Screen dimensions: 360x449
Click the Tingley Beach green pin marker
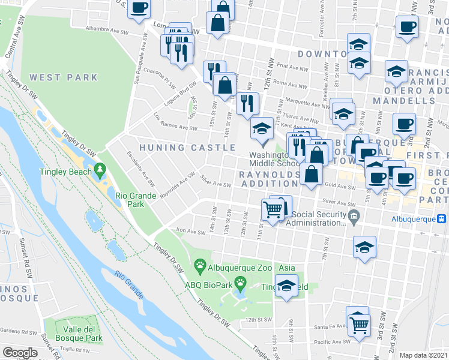[x=100, y=172]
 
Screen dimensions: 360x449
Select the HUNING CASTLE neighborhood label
[x=187, y=148]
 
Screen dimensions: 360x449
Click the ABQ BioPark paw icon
[x=240, y=281]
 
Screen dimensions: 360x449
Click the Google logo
[x=20, y=353]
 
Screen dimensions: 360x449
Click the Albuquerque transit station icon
[x=442, y=219]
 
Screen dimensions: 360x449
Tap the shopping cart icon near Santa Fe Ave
[x=359, y=325]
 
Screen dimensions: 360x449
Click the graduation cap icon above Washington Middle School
[x=262, y=129]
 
